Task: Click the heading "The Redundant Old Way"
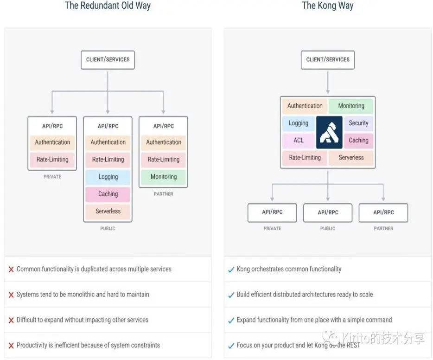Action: point(108,6)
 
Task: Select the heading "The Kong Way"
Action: point(328,6)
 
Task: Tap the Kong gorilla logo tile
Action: point(329,132)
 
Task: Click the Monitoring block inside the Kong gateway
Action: point(351,106)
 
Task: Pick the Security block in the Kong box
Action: point(358,123)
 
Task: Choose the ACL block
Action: point(299,140)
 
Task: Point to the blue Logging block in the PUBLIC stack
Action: point(108,177)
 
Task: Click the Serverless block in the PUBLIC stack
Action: point(108,211)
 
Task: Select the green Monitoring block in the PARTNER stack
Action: point(164,177)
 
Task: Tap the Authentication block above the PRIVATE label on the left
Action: point(52,142)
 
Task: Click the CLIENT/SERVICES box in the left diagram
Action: point(108,60)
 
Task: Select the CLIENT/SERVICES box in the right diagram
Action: point(328,60)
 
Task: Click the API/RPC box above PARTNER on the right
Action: point(383,212)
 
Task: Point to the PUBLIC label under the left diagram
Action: point(108,228)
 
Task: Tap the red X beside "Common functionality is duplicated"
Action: point(11,270)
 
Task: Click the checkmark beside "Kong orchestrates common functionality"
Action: point(231,270)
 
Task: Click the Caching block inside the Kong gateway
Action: point(358,140)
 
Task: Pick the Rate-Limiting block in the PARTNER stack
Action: point(164,160)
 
